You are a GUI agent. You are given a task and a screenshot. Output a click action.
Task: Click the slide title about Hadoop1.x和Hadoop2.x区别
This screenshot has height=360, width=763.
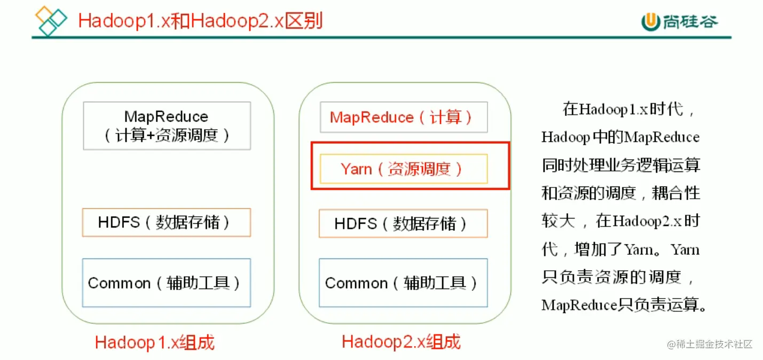tap(200, 21)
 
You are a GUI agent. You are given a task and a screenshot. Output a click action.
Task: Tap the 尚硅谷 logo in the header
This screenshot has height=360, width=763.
tap(679, 21)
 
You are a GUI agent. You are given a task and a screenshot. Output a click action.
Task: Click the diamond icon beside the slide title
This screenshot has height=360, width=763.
tap(51, 20)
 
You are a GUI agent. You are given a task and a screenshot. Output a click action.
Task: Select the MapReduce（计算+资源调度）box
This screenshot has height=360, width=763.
tap(167, 126)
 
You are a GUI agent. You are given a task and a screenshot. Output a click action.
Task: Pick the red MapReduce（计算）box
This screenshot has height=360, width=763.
tap(403, 118)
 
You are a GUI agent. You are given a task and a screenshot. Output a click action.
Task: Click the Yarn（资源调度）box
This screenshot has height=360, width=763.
tap(403, 169)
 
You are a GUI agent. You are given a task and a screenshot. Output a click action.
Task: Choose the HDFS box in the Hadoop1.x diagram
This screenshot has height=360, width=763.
tap(167, 222)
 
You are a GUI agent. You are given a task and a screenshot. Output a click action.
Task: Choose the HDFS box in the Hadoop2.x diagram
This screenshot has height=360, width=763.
tap(403, 223)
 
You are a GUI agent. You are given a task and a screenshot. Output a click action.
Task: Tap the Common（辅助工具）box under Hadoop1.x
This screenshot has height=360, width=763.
tap(167, 283)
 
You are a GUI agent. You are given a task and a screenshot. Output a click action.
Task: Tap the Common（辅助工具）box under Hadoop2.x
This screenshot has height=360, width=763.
tap(403, 283)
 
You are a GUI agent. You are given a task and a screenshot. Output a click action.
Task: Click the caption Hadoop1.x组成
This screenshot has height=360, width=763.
tap(155, 342)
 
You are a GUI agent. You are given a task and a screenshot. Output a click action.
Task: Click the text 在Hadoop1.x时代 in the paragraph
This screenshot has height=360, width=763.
tap(623, 110)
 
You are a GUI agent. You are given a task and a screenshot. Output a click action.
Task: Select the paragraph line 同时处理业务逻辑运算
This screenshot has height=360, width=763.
tap(620, 165)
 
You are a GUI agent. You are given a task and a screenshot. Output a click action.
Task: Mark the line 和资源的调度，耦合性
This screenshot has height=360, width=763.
tap(620, 193)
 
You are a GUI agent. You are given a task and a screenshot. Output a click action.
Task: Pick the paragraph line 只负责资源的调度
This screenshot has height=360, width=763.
tap(611, 277)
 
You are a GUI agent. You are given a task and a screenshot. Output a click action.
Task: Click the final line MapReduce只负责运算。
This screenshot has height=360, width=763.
tap(624, 305)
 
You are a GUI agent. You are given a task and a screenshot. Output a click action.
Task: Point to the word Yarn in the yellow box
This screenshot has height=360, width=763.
tap(356, 169)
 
